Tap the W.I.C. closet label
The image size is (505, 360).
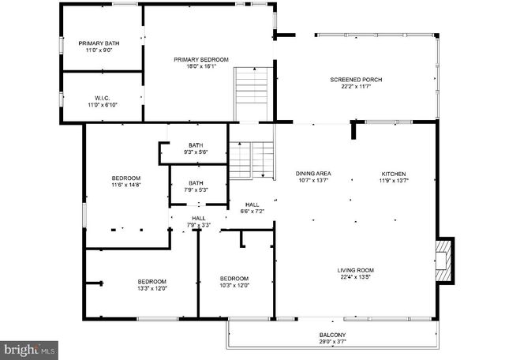point(101,101)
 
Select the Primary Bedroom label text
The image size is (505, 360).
point(201,63)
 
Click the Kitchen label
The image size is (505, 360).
point(394,177)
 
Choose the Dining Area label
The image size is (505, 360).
point(313,177)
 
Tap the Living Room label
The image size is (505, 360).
point(356,274)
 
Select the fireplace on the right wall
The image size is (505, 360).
point(446,261)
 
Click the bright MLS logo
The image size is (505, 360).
point(29,348)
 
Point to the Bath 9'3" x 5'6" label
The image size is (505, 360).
point(195,148)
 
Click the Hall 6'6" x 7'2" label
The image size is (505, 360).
point(252,208)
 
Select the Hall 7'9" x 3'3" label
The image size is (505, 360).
point(198,222)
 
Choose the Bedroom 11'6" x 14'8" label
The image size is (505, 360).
point(125,182)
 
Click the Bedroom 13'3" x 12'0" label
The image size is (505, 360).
point(152,285)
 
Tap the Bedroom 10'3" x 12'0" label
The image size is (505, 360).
point(234,282)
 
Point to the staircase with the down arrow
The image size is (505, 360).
point(251,160)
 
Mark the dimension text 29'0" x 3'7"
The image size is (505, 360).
point(332,342)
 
